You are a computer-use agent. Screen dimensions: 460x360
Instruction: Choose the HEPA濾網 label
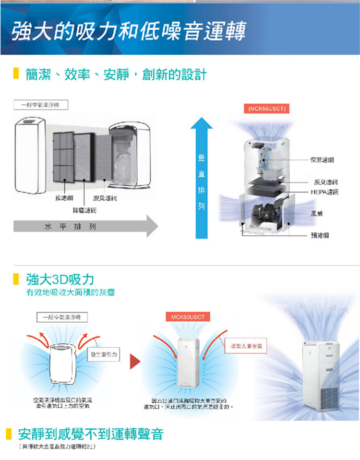(x=324, y=192)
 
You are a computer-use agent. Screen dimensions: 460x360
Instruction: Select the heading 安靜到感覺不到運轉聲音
(x=91, y=435)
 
